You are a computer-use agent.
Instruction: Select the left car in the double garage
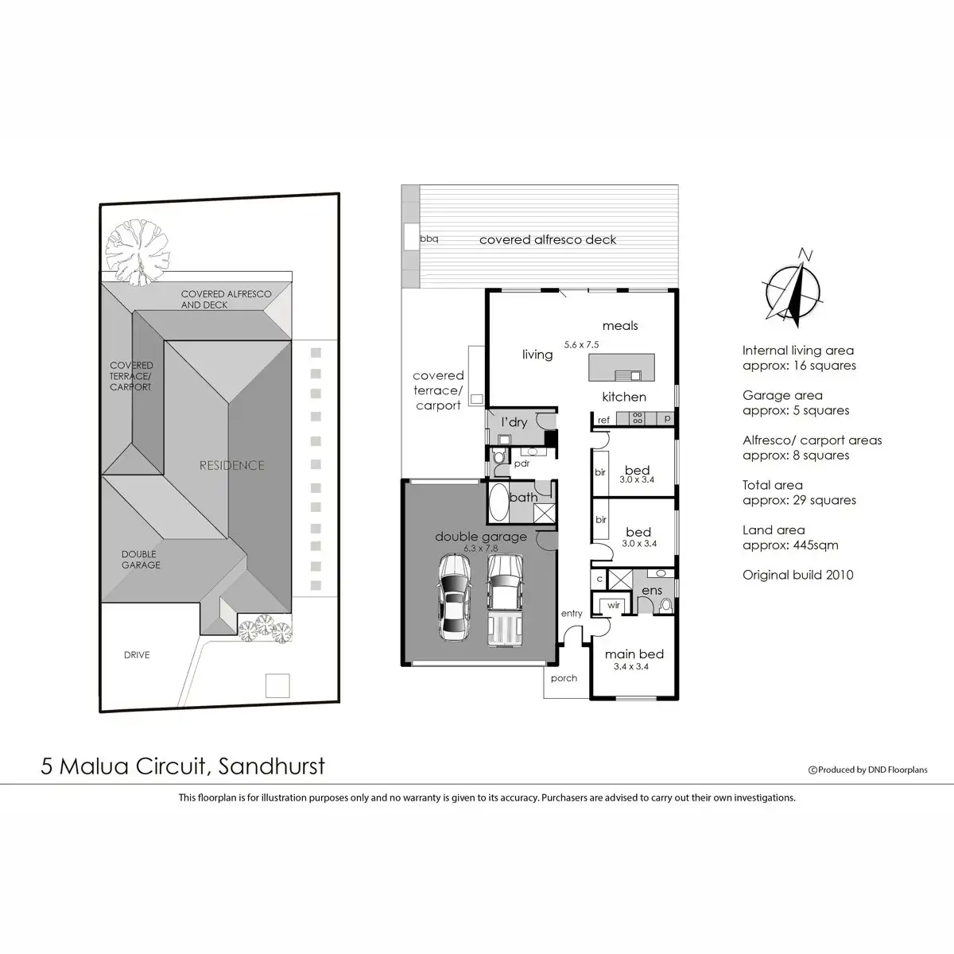[453, 598]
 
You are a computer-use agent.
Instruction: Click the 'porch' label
[564, 678]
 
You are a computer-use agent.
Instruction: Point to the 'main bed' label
[634, 654]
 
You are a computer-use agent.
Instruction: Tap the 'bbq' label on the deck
[429, 238]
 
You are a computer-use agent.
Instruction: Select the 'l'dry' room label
[514, 422]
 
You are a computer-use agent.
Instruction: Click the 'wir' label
[613, 605]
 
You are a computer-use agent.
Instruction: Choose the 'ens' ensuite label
[652, 590]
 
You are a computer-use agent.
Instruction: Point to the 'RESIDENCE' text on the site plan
[231, 465]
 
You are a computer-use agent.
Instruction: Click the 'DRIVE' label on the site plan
[137, 655]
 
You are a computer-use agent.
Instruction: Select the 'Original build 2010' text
[797, 575]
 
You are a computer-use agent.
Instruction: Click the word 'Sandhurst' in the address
[271, 766]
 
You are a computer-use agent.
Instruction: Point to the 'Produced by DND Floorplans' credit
[867, 770]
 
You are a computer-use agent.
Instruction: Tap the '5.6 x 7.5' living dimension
[581, 345]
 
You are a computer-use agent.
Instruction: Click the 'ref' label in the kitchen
[604, 420]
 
